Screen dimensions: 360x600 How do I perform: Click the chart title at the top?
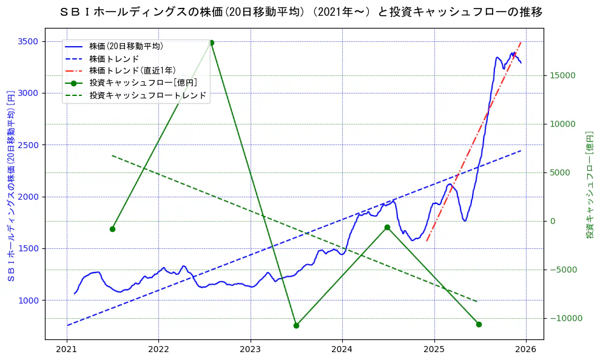(302, 12)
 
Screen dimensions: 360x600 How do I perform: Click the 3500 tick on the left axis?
(29, 41)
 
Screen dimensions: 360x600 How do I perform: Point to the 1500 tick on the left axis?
(29, 248)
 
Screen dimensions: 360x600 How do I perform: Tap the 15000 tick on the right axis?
(562, 75)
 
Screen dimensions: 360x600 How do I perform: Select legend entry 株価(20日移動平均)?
(126, 46)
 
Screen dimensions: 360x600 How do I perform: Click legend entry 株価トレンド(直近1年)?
(132, 70)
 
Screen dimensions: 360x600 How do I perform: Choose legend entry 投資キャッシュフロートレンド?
(147, 95)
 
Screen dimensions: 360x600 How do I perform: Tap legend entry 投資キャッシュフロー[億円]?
(143, 83)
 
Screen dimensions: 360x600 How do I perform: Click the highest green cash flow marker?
(211, 42)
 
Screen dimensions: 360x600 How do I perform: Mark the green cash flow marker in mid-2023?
(296, 325)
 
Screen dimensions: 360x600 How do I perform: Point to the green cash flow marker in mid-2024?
(387, 227)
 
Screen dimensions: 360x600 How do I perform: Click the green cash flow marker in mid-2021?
(112, 229)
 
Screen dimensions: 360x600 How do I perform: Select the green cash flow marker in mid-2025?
(479, 324)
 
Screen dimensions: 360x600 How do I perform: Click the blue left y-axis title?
(10, 186)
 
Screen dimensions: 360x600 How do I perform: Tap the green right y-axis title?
(590, 185)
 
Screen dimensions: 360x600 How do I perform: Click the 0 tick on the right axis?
(552, 221)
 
